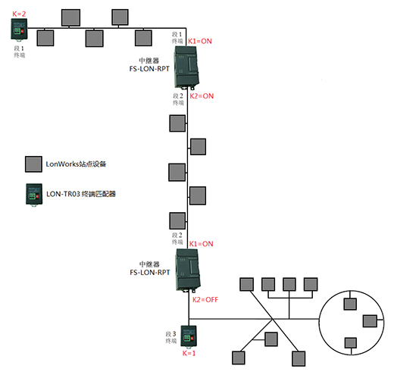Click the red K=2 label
click(19, 14)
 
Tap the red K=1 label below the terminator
click(189, 353)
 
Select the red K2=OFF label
click(205, 300)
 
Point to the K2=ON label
click(202, 96)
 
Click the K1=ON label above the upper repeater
click(200, 41)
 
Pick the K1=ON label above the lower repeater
click(201, 244)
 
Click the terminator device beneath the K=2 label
click(19, 30)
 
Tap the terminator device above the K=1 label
click(189, 337)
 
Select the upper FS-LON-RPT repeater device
click(186, 67)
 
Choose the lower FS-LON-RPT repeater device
click(188, 270)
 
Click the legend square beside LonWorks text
click(33, 164)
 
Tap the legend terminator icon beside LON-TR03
click(34, 195)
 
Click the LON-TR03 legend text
click(81, 194)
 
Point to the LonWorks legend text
click(76, 164)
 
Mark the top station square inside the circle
click(350, 304)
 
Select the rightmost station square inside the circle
click(370, 321)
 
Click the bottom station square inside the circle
click(351, 343)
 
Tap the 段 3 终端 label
click(171, 337)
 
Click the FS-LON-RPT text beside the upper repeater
click(149, 69)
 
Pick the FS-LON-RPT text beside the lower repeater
click(150, 273)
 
